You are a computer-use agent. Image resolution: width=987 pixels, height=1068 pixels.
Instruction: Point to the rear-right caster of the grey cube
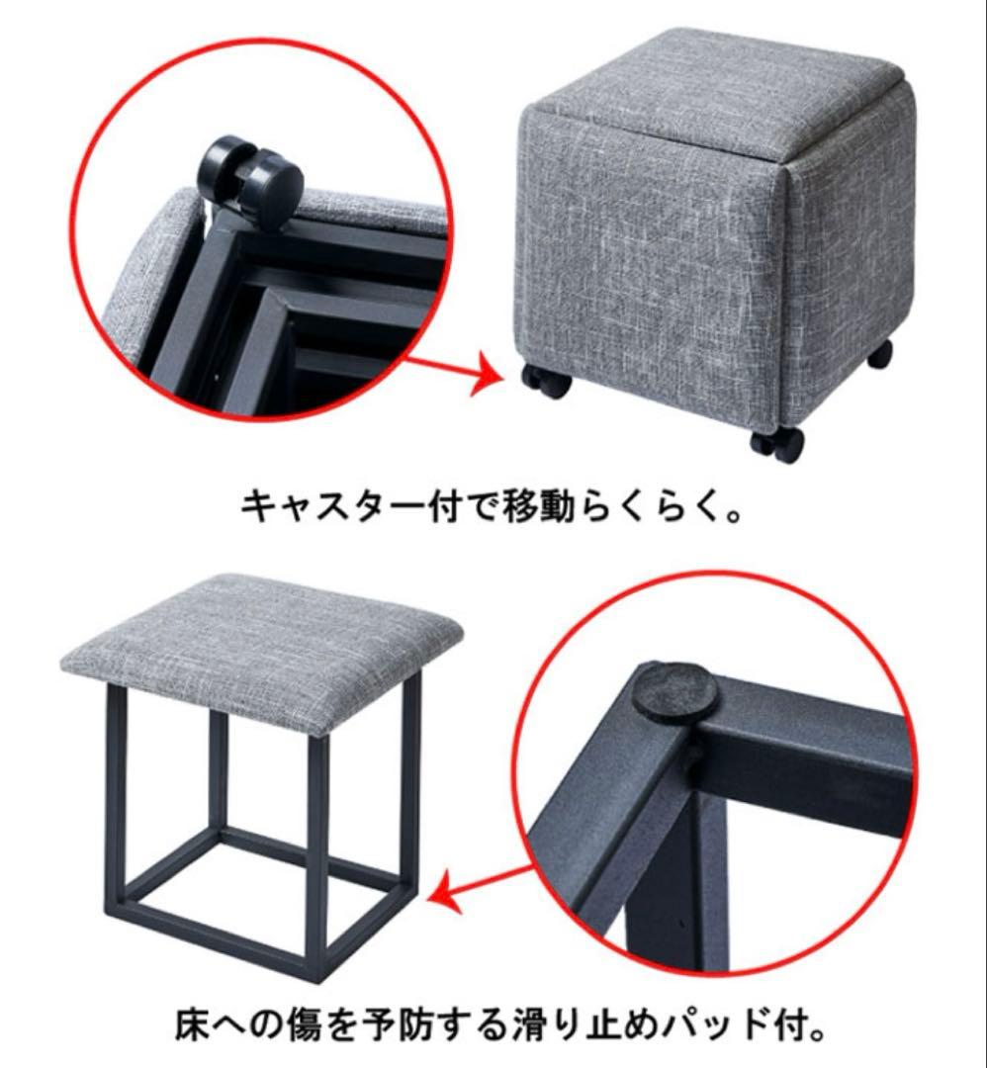point(880,353)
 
